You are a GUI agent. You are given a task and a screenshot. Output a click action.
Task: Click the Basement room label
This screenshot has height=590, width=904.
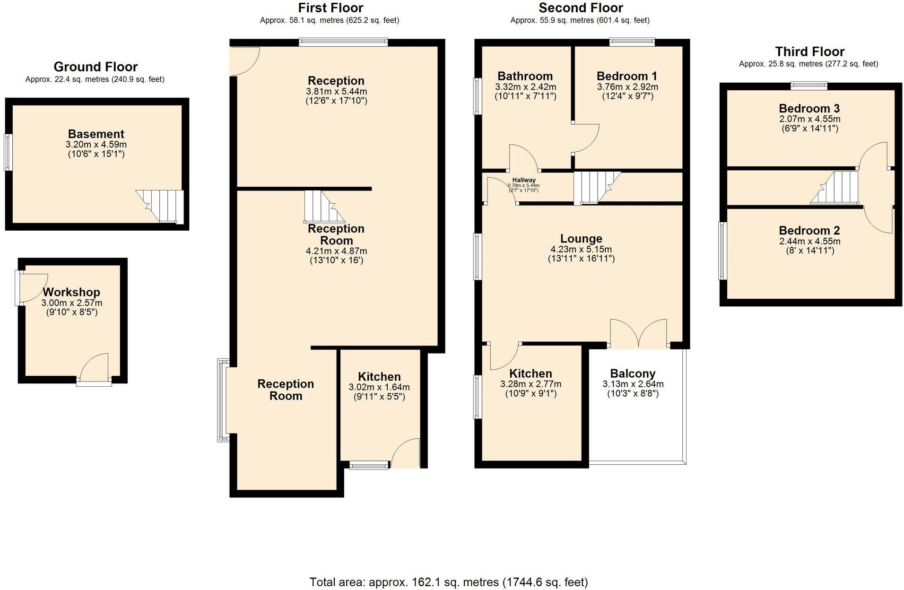tap(96, 134)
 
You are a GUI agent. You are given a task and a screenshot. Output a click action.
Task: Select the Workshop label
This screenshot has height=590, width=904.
tap(71, 292)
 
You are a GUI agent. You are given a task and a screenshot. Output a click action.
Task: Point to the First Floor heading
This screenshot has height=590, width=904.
tap(330, 8)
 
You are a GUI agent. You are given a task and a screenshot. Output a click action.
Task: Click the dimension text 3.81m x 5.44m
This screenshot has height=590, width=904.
tap(336, 91)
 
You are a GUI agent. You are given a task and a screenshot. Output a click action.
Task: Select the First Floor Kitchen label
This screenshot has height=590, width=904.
tap(379, 377)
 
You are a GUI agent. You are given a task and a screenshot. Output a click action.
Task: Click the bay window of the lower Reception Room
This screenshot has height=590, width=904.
tap(222, 400)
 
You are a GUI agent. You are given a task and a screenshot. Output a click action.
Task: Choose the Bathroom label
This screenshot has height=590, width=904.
tap(525, 76)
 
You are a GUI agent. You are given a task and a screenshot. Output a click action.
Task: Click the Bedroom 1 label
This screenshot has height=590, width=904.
tap(627, 76)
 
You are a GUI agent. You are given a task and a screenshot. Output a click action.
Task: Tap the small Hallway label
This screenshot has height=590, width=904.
tap(524, 180)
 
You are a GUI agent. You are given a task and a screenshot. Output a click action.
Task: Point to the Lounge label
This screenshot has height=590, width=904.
tap(581, 239)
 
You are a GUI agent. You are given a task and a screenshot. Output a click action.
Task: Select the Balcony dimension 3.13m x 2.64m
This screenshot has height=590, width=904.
tap(633, 384)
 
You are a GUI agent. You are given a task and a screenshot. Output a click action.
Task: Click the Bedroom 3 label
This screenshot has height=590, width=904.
tap(809, 108)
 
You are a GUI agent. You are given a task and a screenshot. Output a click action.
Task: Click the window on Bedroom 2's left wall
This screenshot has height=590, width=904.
tap(722, 251)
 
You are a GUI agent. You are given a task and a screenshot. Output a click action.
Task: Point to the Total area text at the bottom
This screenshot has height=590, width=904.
tap(448, 582)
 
